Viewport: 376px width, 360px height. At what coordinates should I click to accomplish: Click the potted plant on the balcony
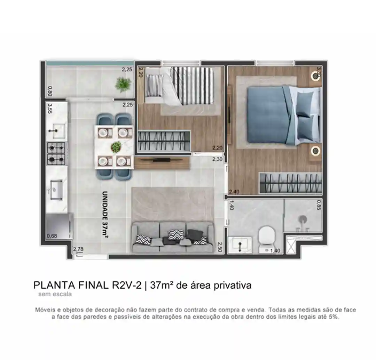click(x=123, y=84)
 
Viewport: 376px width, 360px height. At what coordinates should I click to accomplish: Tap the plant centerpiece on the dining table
click(x=116, y=146)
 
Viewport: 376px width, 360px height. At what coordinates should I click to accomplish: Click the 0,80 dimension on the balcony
click(x=50, y=91)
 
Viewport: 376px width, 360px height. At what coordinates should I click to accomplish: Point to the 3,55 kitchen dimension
click(x=50, y=108)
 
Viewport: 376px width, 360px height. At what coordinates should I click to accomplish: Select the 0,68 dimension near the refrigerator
click(x=52, y=236)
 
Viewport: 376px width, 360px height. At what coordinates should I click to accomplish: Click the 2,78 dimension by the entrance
click(x=78, y=249)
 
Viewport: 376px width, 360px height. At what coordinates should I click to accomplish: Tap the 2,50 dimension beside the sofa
click(x=219, y=247)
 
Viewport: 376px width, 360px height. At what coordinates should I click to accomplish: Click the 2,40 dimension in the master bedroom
click(x=234, y=192)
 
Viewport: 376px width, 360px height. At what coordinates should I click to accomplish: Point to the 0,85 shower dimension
click(x=319, y=205)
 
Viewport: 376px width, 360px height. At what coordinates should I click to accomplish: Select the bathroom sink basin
click(x=240, y=244)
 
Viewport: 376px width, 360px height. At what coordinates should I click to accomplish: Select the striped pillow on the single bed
click(x=155, y=85)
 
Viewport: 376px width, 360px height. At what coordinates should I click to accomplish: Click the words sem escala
click(x=55, y=294)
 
